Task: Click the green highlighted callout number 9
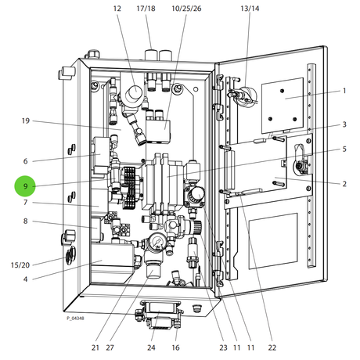[25, 186]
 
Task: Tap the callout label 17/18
[146, 9]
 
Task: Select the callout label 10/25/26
[186, 9]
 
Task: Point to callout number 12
[117, 9]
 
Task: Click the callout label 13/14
[250, 9]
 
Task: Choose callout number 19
[26, 121]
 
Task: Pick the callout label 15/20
[20, 265]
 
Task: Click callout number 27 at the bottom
[110, 347]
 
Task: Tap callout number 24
[151, 347]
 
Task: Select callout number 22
[272, 347]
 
